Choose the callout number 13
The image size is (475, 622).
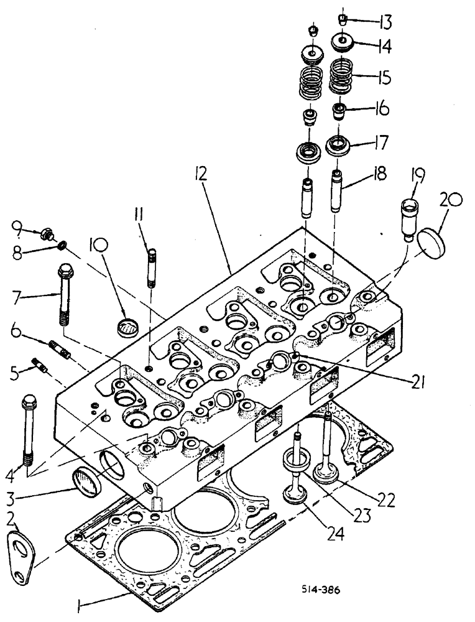click(385, 24)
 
